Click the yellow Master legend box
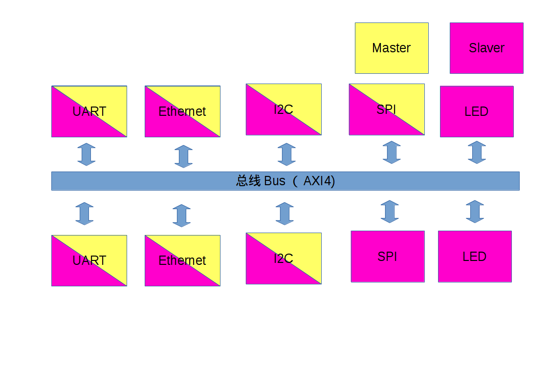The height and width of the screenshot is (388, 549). (x=392, y=48)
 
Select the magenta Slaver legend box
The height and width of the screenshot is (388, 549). (x=486, y=48)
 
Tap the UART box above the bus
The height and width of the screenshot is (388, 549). (x=89, y=111)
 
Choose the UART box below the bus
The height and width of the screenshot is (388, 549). (x=89, y=260)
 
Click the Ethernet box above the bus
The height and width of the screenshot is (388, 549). (x=182, y=111)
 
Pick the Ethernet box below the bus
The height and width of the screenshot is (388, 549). (x=182, y=260)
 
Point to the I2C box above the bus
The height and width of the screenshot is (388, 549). (x=284, y=109)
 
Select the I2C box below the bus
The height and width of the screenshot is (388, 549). (x=284, y=259)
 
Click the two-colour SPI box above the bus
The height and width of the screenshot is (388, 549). (x=387, y=109)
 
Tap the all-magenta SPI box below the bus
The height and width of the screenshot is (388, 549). (x=388, y=257)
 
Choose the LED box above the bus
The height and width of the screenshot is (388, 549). (x=477, y=111)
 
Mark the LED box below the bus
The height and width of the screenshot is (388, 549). (x=475, y=257)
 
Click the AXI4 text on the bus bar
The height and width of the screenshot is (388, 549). (x=319, y=181)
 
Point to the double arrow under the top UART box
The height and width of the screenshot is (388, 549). (x=87, y=154)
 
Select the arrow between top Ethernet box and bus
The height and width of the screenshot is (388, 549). (x=183, y=156)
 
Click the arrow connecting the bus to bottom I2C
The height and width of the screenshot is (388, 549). (x=285, y=214)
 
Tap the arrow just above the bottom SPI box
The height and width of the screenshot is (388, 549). (x=390, y=212)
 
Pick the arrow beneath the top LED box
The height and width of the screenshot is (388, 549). (x=477, y=152)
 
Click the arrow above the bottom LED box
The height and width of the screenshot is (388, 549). (x=475, y=212)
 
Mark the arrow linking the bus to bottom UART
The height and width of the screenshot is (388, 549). (x=85, y=214)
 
